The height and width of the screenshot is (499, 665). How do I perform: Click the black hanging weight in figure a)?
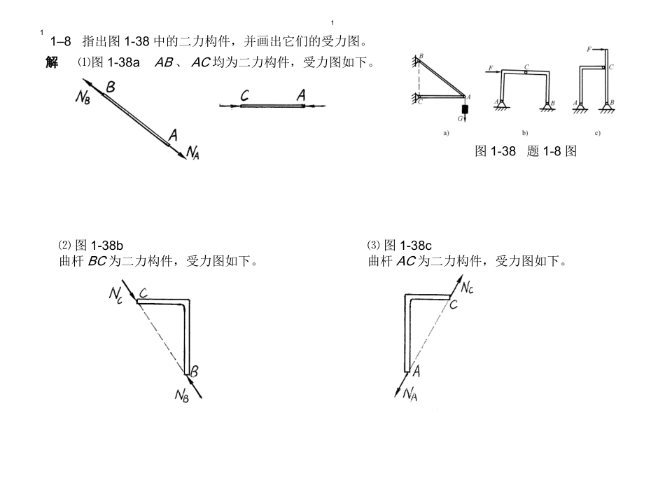pyautogui.click(x=464, y=110)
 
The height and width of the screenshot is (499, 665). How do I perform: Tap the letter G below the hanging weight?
pyautogui.click(x=459, y=119)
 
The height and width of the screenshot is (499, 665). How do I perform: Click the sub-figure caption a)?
pyautogui.click(x=445, y=132)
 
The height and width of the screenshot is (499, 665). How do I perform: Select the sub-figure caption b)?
pyautogui.click(x=525, y=132)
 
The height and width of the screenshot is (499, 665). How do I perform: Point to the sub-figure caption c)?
pyautogui.click(x=597, y=132)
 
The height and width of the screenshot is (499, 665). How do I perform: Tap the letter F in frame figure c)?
pyautogui.click(x=590, y=50)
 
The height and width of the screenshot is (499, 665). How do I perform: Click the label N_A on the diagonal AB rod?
pyautogui.click(x=192, y=153)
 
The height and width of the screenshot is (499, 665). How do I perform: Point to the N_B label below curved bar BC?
pyautogui.click(x=181, y=395)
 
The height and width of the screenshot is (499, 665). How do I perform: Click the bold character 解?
pyautogui.click(x=52, y=63)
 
